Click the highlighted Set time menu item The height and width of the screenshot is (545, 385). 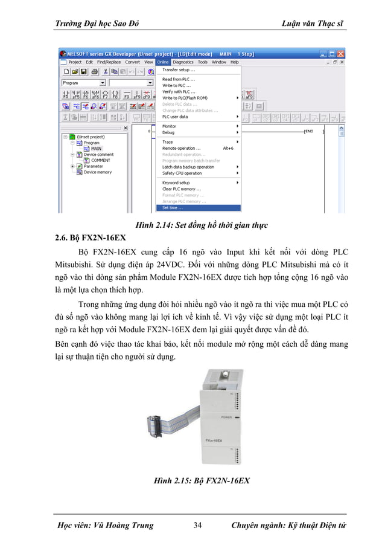[x=173, y=208]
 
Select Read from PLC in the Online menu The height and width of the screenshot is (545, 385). [x=178, y=79]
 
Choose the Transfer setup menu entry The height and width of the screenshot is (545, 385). [x=178, y=69]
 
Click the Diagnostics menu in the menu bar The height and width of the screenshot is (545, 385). [x=183, y=62]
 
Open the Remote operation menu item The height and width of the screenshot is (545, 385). [x=181, y=148]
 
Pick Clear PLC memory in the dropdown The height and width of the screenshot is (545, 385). [x=181, y=189]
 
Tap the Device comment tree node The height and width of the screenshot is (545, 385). [x=98, y=155]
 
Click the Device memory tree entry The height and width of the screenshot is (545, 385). [x=97, y=172]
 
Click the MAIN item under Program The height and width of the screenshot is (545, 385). [x=96, y=149]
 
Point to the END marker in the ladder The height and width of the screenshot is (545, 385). [x=308, y=131]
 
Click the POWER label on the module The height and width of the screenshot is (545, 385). [x=227, y=417]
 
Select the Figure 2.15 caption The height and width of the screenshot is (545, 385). [x=202, y=482]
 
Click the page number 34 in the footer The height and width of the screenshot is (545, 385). [x=197, y=525]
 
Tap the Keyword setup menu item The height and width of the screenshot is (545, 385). [x=176, y=182]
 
